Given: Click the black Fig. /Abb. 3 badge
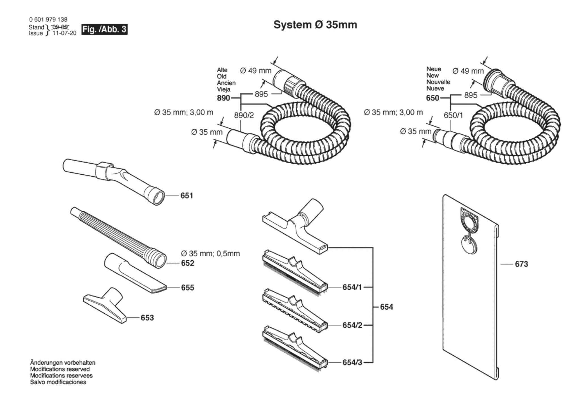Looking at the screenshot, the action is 104,29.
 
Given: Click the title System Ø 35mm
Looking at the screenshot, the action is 315,25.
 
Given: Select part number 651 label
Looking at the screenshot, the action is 187,196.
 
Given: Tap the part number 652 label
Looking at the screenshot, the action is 188,263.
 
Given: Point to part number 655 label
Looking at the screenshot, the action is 188,288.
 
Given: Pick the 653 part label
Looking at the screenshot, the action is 147,318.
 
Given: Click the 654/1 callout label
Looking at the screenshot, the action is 352,287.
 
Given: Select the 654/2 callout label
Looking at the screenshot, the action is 352,325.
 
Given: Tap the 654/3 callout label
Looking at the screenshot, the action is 352,362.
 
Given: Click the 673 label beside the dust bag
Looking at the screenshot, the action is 522,264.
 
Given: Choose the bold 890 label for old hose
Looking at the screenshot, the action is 223,98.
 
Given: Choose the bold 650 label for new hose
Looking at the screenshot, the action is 432,98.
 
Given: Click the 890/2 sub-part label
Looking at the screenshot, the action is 244,115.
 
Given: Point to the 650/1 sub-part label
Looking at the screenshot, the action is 453,115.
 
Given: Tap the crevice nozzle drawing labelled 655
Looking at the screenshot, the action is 135,273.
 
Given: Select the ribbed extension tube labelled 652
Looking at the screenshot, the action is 118,238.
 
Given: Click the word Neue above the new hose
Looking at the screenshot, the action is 433,69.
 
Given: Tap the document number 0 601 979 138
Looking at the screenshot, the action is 48,20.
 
